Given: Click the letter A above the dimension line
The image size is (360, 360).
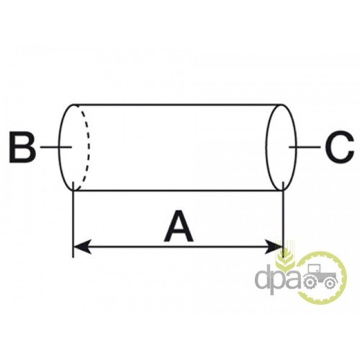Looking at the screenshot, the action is point(179,226).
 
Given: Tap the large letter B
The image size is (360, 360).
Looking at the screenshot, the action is point(22,147).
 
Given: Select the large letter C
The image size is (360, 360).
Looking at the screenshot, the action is point(338,147).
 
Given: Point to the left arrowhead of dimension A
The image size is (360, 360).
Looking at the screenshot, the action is point(82,246).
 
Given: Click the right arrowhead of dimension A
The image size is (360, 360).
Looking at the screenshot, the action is point(274,246).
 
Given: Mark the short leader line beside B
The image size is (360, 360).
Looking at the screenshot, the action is point(56,147).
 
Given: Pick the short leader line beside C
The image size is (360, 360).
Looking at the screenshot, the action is point(305,147).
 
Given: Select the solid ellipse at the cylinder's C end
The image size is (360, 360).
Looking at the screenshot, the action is point(282,147).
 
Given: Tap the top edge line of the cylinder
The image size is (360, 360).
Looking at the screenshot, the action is point(178,104).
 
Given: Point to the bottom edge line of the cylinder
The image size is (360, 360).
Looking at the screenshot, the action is point(178,191).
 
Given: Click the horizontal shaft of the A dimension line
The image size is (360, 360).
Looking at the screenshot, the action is point(178,246).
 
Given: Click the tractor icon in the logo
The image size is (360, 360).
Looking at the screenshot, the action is point(320,276).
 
